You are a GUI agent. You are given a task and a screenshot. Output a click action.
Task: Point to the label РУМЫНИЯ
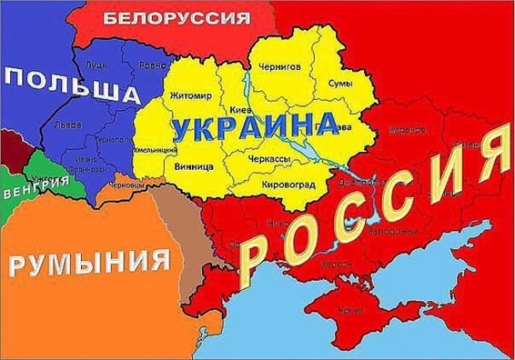(x=89, y=260)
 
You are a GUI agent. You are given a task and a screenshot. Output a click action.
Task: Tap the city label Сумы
(x=341, y=83)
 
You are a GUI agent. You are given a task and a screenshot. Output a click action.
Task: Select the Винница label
(x=194, y=166)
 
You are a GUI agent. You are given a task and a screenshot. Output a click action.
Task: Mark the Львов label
(x=67, y=125)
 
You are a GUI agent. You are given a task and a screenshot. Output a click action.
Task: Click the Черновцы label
(x=125, y=184)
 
